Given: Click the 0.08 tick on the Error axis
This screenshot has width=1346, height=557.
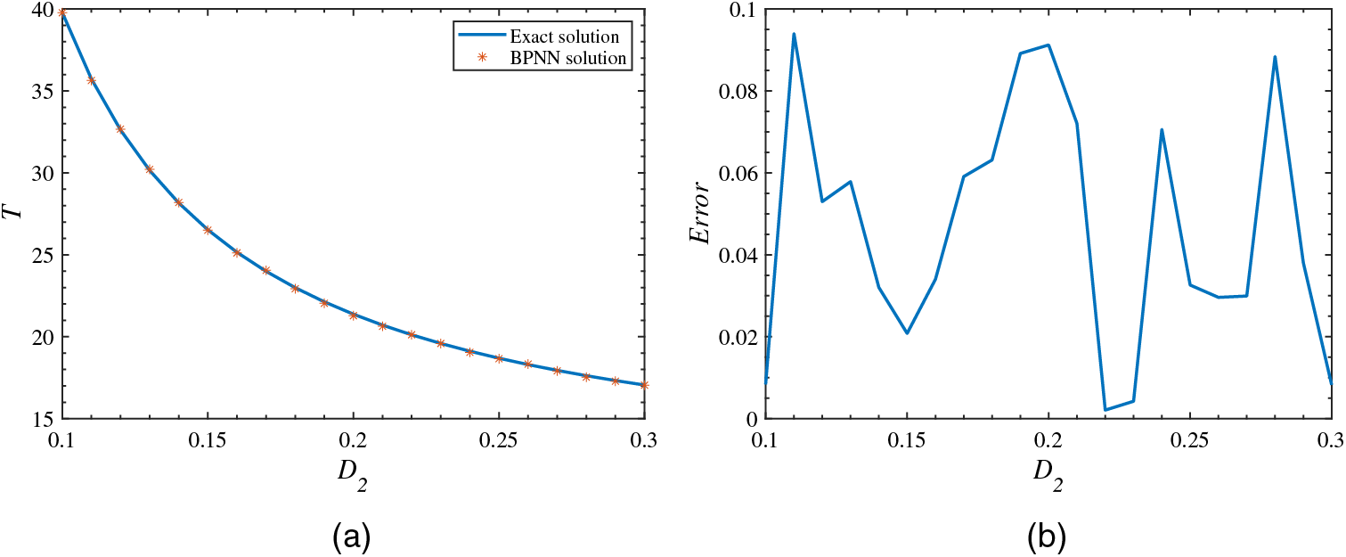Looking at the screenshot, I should tap(739, 92).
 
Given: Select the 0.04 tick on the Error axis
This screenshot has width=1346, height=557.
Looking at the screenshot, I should tap(739, 256).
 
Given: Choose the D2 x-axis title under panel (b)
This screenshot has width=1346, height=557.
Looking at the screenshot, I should tap(1048, 481).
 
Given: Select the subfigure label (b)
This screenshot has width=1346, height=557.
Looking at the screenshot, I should tap(1048, 536).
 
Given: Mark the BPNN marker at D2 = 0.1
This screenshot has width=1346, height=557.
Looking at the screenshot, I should tap(62, 12).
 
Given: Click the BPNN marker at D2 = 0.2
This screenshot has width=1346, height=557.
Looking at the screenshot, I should tap(354, 315).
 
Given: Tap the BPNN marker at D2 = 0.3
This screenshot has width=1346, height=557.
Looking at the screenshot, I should tap(644, 385).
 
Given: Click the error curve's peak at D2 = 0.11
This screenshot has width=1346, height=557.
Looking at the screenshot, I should tap(793, 35).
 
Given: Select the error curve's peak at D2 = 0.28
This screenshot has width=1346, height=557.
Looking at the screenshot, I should tap(1275, 57).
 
